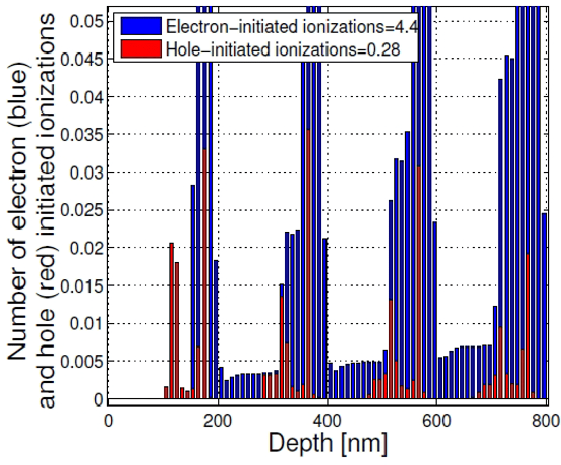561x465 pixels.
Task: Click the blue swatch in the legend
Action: coord(141,26)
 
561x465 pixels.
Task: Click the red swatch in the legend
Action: coord(141,49)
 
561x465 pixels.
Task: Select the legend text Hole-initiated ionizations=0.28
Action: coord(283,50)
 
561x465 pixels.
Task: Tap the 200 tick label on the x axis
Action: coord(218,421)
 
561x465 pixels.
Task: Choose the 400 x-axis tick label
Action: coord(327,421)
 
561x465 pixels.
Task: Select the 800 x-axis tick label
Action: coord(546,421)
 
